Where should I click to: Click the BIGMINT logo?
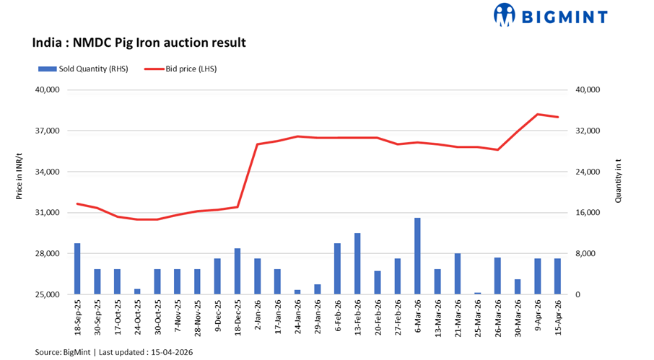coord(549,14)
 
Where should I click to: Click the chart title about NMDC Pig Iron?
coord(139,43)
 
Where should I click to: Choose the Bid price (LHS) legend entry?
coord(180,69)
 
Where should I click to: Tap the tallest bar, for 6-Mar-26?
coord(417,256)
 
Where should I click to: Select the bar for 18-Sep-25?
coord(77,269)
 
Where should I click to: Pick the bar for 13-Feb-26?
coord(357,264)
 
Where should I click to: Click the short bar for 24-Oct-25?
coord(137,291)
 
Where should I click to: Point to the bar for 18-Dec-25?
coord(237,271)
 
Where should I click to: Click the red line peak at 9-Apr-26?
coord(537,114)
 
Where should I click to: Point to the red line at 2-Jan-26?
coord(258,144)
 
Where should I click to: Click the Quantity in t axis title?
coord(619,184)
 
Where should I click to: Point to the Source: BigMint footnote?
coord(113,352)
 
